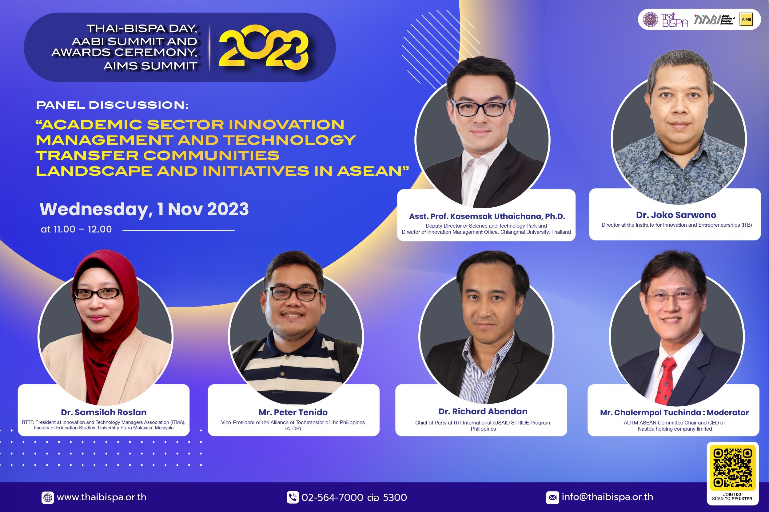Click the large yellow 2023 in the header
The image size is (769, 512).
tap(264, 47)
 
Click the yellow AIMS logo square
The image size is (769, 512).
tap(746, 19)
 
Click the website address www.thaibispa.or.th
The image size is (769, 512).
tap(102, 497)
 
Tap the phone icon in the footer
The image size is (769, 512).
tap(293, 497)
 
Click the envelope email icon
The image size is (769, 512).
tap(552, 498)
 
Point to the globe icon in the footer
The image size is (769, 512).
tap(48, 498)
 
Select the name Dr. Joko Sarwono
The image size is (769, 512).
tap(676, 215)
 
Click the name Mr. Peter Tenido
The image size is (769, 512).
tap(293, 412)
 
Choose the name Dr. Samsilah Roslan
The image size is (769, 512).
tap(104, 412)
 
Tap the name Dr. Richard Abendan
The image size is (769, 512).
tap(483, 412)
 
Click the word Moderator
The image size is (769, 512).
tap(728, 412)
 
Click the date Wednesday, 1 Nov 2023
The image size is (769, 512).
tap(144, 209)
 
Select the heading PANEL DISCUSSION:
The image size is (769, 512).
tap(112, 105)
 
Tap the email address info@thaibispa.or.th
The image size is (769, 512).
tap(608, 497)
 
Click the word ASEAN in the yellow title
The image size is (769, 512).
tap(369, 171)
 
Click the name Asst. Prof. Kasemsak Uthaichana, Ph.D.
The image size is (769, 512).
tap(487, 216)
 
